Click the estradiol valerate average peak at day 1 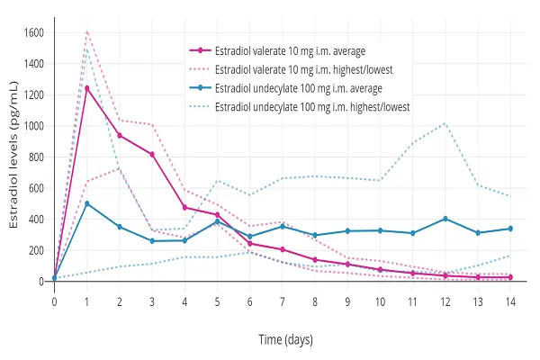(87, 87)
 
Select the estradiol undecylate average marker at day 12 (445, 219)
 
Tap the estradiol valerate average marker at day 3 (152, 155)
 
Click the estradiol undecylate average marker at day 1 (87, 203)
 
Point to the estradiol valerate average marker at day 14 (509, 277)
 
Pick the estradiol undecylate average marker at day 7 (282, 227)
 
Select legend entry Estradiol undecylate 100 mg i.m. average (292, 88)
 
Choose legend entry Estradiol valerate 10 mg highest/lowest (297, 69)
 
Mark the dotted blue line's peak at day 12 (445, 123)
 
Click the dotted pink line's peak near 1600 (87, 31)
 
